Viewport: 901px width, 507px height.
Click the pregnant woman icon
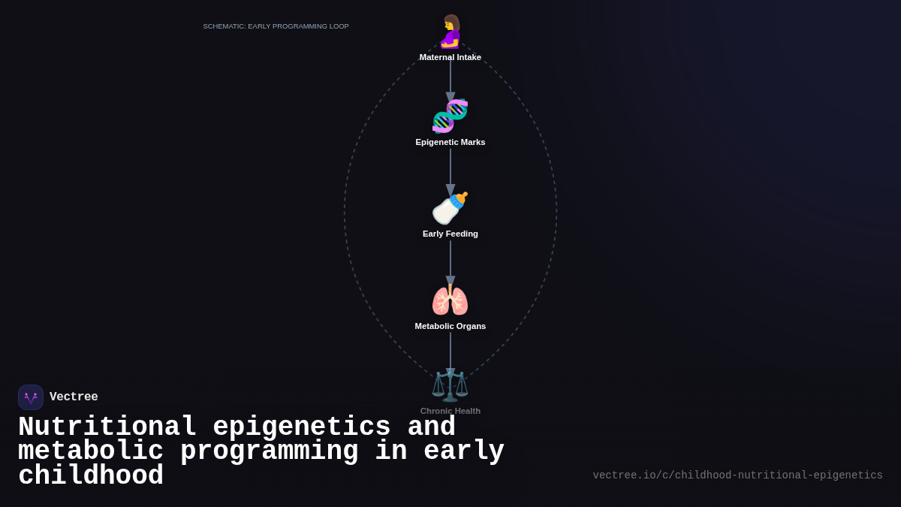pyautogui.click(x=450, y=32)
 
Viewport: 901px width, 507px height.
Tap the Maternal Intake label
pyautogui.click(x=450, y=57)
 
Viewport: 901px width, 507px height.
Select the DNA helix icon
pyautogui.click(x=450, y=116)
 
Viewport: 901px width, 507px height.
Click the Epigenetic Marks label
pyautogui.click(x=450, y=142)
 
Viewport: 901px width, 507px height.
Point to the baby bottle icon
pyautogui.click(x=450, y=208)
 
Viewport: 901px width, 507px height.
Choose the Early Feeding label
pyautogui.click(x=450, y=234)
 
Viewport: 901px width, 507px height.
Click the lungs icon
pyautogui.click(x=450, y=300)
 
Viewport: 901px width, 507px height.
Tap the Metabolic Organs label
pyautogui.click(x=450, y=326)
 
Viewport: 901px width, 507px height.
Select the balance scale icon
pyautogui.click(x=450, y=385)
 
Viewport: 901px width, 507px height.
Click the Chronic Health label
pyautogui.click(x=450, y=411)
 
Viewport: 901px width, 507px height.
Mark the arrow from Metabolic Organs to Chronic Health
pyautogui.click(x=450, y=353)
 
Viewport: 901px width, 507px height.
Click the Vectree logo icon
pyautogui.click(x=31, y=397)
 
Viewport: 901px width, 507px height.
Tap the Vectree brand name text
pyautogui.click(x=74, y=397)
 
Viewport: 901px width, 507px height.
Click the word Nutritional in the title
pyautogui.click(x=107, y=427)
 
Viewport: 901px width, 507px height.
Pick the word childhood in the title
pyautogui.click(x=91, y=476)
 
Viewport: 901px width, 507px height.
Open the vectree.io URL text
pyautogui.click(x=737, y=475)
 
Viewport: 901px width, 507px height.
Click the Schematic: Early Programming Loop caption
pyautogui.click(x=276, y=26)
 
